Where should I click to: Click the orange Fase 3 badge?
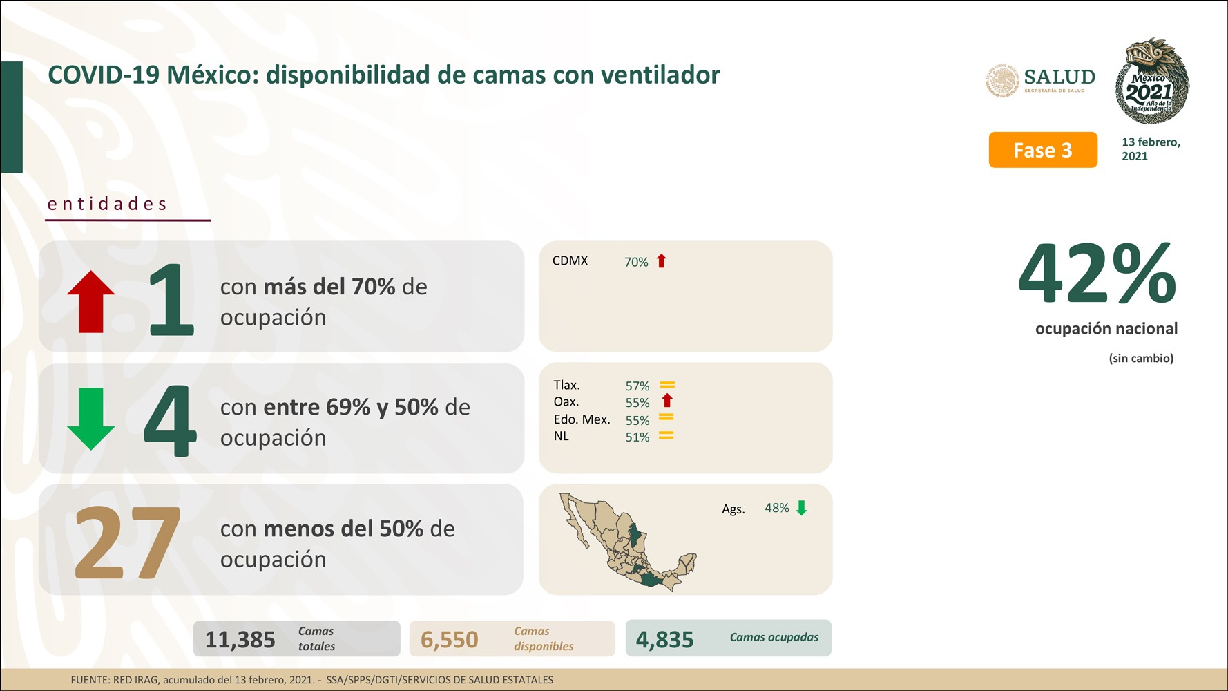point(1043,150)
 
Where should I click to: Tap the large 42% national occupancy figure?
point(1097,274)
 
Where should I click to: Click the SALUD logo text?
point(1059,77)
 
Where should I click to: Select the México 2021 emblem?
point(1152,81)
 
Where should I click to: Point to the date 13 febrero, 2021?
point(1151,149)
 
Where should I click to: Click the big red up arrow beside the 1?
point(91,302)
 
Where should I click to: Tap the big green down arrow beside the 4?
point(91,419)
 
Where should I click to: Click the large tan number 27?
point(128,542)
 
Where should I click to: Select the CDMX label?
point(570,261)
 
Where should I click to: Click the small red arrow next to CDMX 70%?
point(662,261)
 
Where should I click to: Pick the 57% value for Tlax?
point(637,386)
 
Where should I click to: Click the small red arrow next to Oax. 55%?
point(667,401)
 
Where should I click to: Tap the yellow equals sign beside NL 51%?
point(666,436)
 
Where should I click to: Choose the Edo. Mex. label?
point(582,419)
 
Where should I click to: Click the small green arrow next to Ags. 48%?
point(802,509)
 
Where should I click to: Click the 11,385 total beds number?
point(240,640)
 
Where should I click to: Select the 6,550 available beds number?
point(450,640)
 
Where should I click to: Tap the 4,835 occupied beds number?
point(665,640)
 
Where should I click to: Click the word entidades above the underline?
point(107,204)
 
